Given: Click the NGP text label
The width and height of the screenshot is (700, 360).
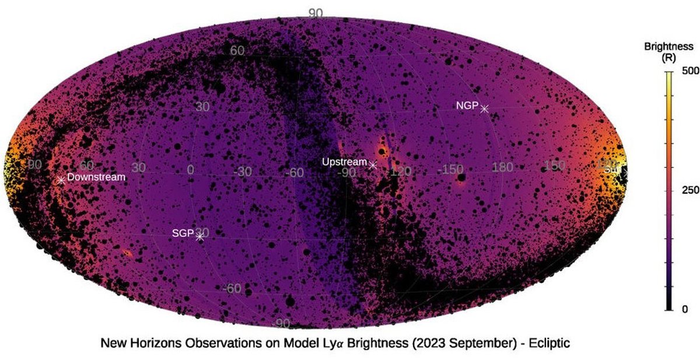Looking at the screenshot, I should [467, 106].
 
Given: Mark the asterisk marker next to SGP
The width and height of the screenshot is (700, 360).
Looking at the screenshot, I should [200, 236].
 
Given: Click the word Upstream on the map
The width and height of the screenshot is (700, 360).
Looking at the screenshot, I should [344, 162].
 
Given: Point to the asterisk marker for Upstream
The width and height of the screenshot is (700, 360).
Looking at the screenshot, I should [373, 165].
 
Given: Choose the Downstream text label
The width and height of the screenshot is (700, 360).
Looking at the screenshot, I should [96, 177].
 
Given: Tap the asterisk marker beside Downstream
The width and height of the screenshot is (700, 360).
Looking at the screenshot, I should [61, 180].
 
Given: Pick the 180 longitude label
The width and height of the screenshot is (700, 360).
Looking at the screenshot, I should [502, 169].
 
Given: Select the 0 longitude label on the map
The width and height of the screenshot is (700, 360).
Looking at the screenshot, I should [190, 170].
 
